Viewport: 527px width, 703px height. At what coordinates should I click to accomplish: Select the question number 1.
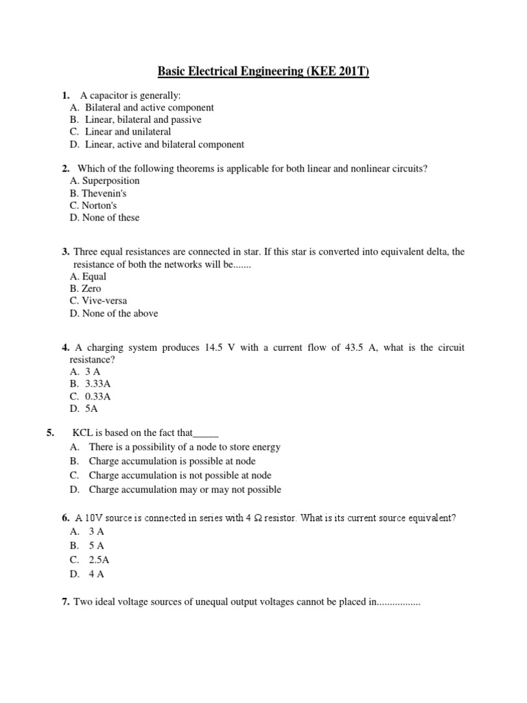pos(66,95)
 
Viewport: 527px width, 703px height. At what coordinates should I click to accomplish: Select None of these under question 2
pos(110,218)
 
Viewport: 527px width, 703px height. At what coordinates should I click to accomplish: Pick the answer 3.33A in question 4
pos(98,384)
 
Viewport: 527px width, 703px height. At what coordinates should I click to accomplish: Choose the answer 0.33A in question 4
pos(98,396)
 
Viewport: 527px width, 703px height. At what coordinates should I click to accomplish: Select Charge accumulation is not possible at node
pos(180,475)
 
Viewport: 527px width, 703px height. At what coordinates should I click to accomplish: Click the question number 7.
pos(66,602)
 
